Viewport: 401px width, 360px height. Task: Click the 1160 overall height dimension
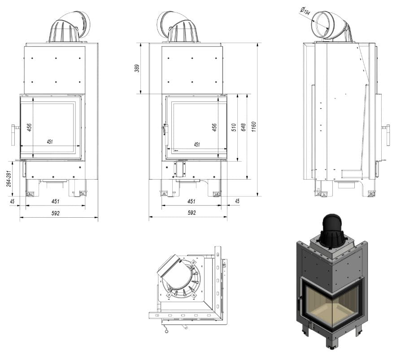(x=253, y=127)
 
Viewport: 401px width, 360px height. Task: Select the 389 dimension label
(x=137, y=68)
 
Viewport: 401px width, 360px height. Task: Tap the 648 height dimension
(x=244, y=127)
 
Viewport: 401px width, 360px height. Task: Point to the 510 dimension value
(x=234, y=127)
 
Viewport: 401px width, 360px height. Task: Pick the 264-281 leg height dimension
(x=9, y=179)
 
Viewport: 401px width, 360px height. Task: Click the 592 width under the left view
(x=56, y=213)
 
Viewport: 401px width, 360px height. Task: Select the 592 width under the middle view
(x=192, y=213)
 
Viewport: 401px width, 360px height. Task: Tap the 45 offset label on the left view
(x=12, y=202)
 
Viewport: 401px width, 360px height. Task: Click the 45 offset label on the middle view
(x=237, y=201)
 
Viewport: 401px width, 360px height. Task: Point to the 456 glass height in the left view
(x=30, y=127)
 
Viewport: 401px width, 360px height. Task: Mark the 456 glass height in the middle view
(x=214, y=127)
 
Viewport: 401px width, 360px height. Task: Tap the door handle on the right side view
(x=387, y=135)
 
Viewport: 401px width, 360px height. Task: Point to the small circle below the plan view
(x=167, y=332)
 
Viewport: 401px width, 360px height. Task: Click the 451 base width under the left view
(x=56, y=202)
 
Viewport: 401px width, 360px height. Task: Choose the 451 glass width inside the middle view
(x=196, y=145)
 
